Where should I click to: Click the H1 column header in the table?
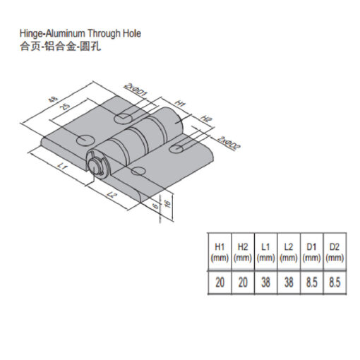pos(220,253)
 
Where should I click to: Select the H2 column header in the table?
pos(243,253)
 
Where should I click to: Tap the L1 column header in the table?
pos(265,253)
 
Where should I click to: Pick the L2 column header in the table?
pos(289,253)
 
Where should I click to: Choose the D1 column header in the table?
pos(311,253)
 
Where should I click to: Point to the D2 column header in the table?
pos(335,253)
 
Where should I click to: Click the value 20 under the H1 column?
pos(220,282)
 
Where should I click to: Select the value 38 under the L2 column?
pos(289,282)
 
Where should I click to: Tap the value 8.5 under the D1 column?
pos(311,282)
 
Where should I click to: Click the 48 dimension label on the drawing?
pos(53,100)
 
